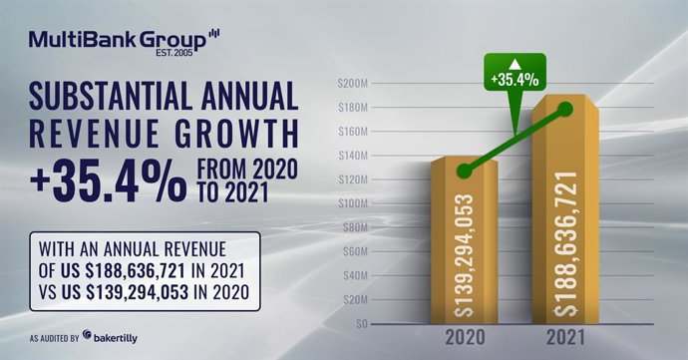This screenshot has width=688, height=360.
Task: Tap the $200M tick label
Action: coord(355,83)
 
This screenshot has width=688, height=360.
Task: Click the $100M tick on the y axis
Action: coord(355,203)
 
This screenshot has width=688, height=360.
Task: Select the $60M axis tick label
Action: coord(357,251)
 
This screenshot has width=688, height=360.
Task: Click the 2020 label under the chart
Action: coord(463,340)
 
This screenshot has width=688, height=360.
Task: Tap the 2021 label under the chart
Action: coord(565,340)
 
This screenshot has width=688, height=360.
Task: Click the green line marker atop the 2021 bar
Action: coord(565,110)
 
